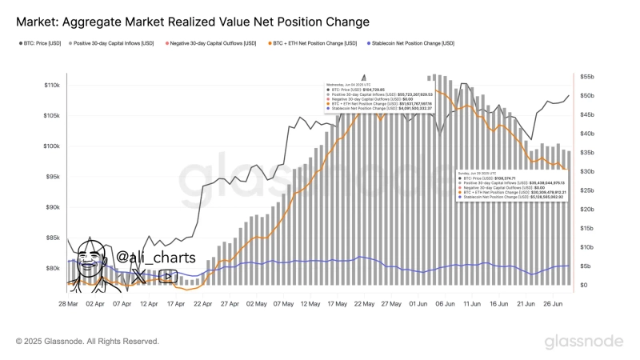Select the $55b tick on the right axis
pyautogui.click(x=588, y=76)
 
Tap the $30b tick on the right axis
pyautogui.click(x=588, y=171)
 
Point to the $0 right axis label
pyautogui.click(x=583, y=285)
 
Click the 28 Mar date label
pyautogui.click(x=68, y=305)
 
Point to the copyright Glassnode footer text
pyautogui.click(x=87, y=342)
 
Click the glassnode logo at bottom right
pyautogui.click(x=584, y=342)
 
